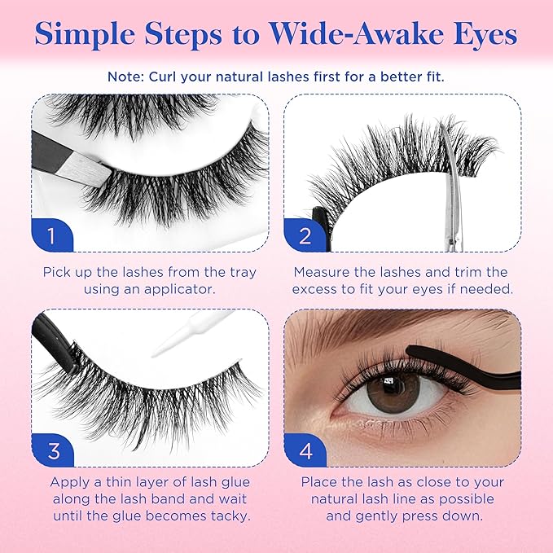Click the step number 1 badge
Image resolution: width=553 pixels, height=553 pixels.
click(51, 235)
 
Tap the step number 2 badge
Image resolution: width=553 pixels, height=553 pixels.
click(305, 235)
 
